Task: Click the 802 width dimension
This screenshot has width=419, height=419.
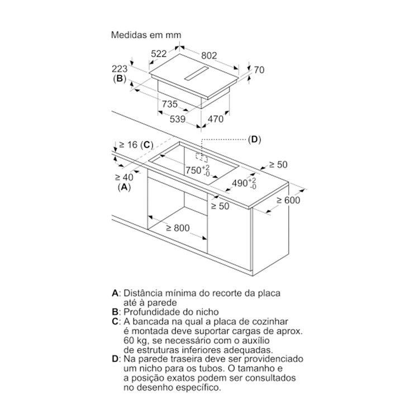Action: coord(209,55)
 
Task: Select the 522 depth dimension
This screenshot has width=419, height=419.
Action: coord(159,54)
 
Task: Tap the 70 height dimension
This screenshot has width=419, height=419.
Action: coord(259,70)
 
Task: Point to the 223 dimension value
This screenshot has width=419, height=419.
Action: coord(120,69)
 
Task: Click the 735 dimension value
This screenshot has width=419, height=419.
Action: coord(170,104)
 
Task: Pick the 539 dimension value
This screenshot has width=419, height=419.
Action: coord(178,119)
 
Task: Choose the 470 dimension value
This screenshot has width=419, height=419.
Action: coord(216,119)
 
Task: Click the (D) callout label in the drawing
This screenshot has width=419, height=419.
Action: coord(254,140)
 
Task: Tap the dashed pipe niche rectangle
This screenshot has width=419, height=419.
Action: coord(202,158)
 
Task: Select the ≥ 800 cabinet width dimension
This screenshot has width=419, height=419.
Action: coord(178,228)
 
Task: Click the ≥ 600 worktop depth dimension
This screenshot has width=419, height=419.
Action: coord(288,200)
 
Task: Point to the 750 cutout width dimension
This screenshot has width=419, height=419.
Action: coord(198,170)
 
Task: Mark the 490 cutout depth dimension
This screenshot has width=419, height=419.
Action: coord(244,184)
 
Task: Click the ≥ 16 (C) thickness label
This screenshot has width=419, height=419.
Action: coord(136,145)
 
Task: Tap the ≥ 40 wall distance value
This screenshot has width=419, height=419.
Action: coord(124,177)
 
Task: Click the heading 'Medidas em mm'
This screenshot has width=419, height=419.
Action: coord(146,35)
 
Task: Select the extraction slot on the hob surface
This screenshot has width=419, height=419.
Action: coord(196,73)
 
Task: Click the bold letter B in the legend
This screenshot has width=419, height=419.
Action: coord(115,312)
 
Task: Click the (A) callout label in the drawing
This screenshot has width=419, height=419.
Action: coord(124,187)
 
